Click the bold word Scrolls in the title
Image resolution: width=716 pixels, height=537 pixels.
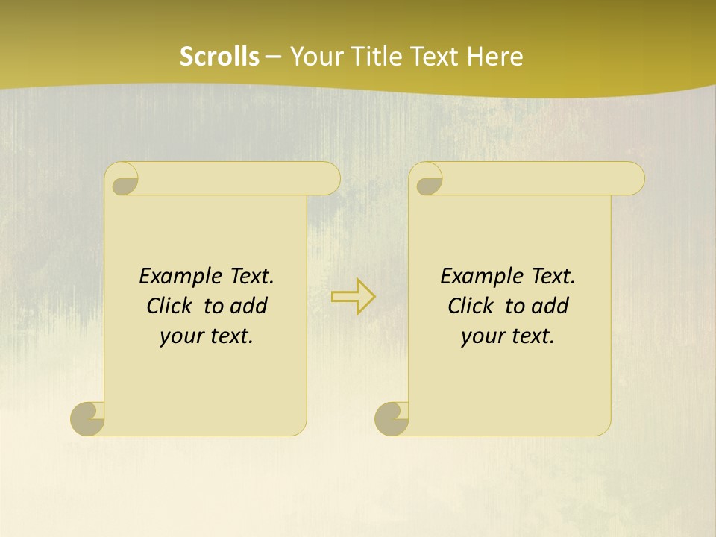[x=219, y=57]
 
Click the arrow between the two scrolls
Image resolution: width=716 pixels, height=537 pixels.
[x=353, y=297]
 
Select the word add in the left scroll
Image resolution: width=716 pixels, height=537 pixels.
[x=250, y=307]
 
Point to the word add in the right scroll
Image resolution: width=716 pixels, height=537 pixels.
[x=551, y=307]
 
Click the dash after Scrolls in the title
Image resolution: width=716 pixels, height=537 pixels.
[x=273, y=57]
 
